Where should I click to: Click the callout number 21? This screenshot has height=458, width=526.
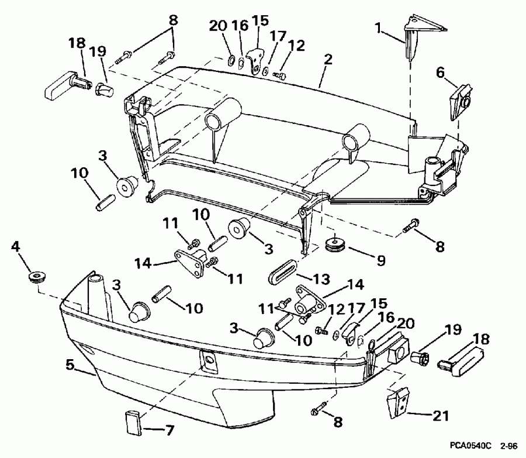441,416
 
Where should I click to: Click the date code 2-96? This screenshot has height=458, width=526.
508,446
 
